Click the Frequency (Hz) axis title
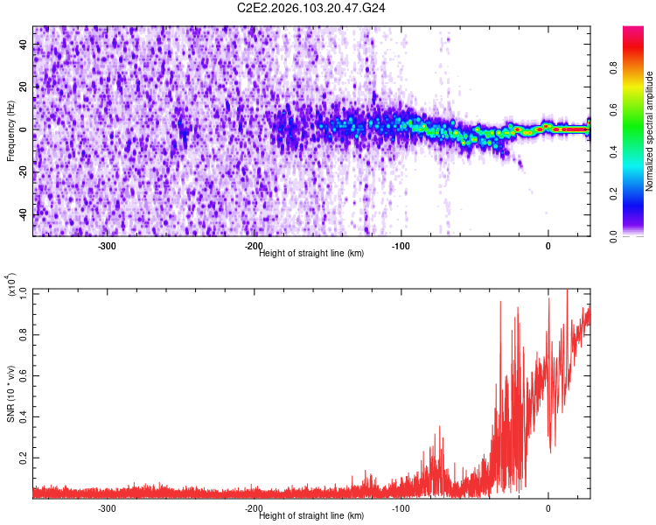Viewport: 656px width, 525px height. pyautogui.click(x=11, y=131)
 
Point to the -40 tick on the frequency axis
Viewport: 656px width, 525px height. pyautogui.click(x=22, y=214)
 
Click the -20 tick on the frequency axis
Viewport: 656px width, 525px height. pyautogui.click(x=22, y=171)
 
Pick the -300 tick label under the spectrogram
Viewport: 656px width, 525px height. pyautogui.click(x=107, y=246)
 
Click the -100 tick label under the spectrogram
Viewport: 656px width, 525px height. pyautogui.click(x=401, y=246)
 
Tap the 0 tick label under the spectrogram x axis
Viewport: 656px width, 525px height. pyautogui.click(x=548, y=246)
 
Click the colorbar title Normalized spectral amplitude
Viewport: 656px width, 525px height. pyautogui.click(x=650, y=131)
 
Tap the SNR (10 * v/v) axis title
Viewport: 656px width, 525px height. pyautogui.click(x=11, y=394)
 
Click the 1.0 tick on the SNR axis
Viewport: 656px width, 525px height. pyautogui.click(x=23, y=290)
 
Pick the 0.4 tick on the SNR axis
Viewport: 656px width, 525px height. pyautogui.click(x=23, y=416)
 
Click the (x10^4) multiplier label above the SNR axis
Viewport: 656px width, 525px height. pyautogui.click(x=11, y=285)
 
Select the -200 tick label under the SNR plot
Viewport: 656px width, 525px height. pyautogui.click(x=254, y=508)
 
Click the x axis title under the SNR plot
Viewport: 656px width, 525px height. pyautogui.click(x=312, y=516)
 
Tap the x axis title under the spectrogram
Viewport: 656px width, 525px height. pyautogui.click(x=312, y=253)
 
